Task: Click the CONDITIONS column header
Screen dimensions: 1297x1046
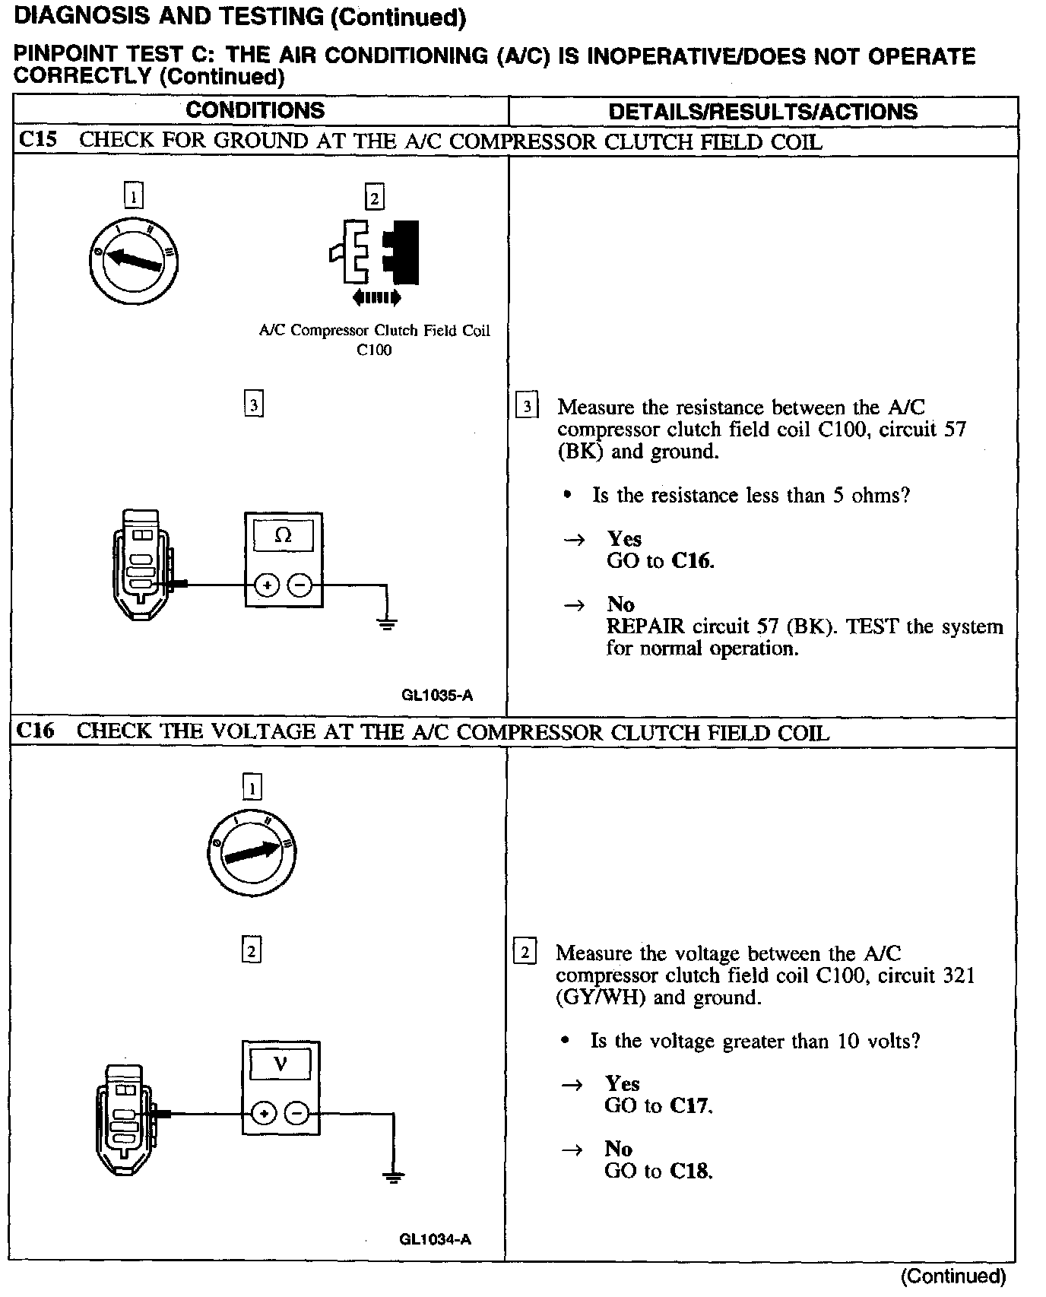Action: click(255, 110)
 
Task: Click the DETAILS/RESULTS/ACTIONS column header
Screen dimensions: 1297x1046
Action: click(762, 112)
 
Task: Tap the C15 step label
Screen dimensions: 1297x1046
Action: click(37, 140)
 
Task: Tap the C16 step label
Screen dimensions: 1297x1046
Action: click(35, 731)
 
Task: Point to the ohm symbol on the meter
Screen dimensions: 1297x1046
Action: click(283, 535)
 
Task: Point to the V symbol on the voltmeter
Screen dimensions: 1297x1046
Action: click(281, 1064)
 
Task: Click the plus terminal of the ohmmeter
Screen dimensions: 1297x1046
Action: click(267, 585)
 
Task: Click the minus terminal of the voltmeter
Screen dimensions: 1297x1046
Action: click(296, 1114)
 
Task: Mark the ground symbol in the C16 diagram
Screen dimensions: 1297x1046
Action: click(393, 1178)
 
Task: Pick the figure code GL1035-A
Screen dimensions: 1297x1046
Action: click(437, 695)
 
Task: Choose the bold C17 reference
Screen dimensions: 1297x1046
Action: click(691, 1105)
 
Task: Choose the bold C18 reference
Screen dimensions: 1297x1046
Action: click(691, 1171)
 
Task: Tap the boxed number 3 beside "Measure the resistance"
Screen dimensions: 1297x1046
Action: click(526, 407)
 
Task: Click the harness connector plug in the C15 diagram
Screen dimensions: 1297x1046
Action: click(141, 563)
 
